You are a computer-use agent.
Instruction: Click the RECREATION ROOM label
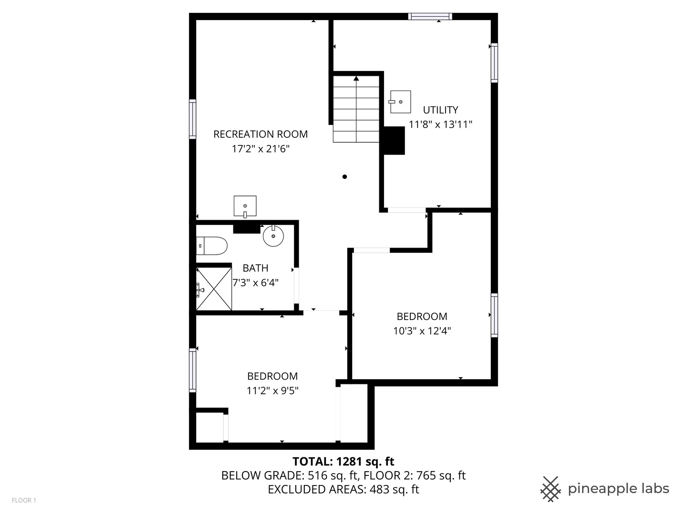click(x=260, y=134)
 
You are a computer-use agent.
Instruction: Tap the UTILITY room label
click(x=440, y=110)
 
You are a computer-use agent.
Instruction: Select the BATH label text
click(x=255, y=268)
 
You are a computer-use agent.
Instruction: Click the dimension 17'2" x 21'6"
click(x=260, y=149)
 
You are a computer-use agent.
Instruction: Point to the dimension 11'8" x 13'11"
click(x=440, y=124)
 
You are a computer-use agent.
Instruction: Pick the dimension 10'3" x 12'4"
click(x=422, y=331)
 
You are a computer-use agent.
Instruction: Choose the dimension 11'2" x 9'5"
click(x=272, y=391)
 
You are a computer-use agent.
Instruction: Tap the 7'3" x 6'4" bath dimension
click(x=255, y=283)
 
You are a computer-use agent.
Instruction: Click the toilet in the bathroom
click(x=212, y=246)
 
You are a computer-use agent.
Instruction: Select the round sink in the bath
click(x=273, y=236)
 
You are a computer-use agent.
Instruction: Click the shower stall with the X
click(x=214, y=289)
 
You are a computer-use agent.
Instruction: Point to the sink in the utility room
click(x=400, y=102)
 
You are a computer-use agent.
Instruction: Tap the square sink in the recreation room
click(x=245, y=206)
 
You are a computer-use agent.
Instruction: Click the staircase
click(x=356, y=110)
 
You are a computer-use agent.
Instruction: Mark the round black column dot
click(x=344, y=177)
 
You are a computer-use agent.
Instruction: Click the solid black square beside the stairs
click(x=394, y=140)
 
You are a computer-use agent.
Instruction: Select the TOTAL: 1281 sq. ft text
click(x=343, y=461)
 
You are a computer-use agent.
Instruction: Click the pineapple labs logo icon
click(x=550, y=489)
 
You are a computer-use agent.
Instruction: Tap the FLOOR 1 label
click(x=24, y=500)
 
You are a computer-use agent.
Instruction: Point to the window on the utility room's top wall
click(x=430, y=17)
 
